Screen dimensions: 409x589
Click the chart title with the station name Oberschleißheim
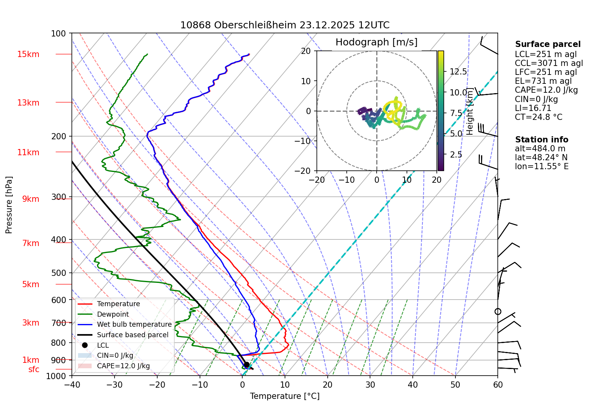pyautogui.click(x=285, y=25)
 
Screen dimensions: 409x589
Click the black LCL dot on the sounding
pyautogui.click(x=246, y=365)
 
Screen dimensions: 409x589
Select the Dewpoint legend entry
pyautogui.click(x=113, y=314)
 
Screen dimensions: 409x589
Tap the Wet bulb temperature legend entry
pyautogui.click(x=134, y=324)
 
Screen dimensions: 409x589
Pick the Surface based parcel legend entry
pyautogui.click(x=132, y=335)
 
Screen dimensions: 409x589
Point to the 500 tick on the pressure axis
pyautogui.click(x=59, y=273)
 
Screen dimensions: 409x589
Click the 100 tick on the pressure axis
pyautogui.click(x=59, y=34)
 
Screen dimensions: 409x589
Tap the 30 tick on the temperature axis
pyautogui.click(x=370, y=385)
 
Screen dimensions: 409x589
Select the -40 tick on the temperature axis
pyautogui.click(x=72, y=385)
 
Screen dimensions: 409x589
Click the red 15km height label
pyautogui.click(x=28, y=54)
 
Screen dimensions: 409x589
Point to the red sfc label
pyautogui.click(x=34, y=369)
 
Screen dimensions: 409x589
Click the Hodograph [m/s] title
pyautogui.click(x=376, y=42)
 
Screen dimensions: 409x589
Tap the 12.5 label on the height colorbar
pyautogui.click(x=458, y=72)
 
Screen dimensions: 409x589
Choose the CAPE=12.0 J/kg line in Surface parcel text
pyautogui.click(x=546, y=90)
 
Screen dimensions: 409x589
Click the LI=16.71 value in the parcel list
pyautogui.click(x=533, y=108)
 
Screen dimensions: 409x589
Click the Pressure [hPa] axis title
pyautogui.click(x=9, y=205)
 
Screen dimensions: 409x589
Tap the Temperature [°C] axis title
pyautogui.click(x=285, y=396)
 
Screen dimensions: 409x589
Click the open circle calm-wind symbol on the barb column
pyautogui.click(x=498, y=312)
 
